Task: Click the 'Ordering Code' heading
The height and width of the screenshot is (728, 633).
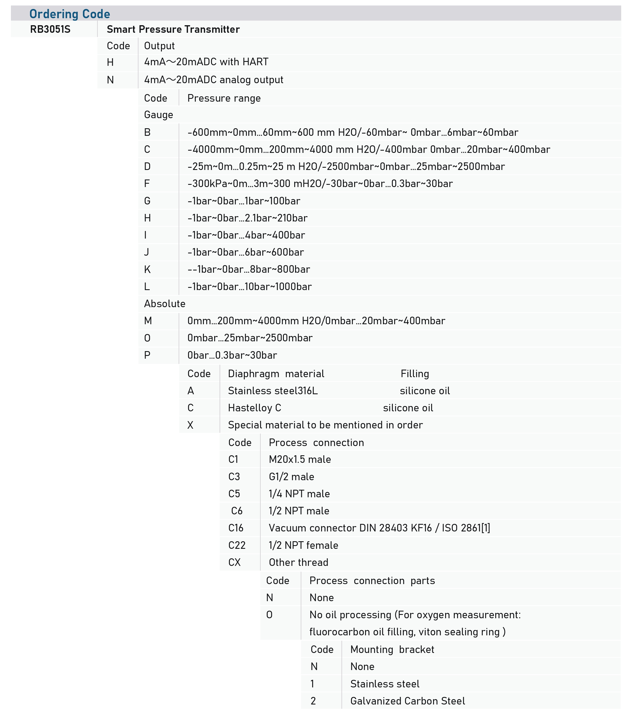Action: [70, 14]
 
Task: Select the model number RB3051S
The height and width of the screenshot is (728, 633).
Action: [50, 29]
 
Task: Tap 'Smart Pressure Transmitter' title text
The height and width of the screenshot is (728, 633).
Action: [173, 29]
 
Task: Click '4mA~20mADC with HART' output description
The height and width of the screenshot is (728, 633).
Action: [206, 62]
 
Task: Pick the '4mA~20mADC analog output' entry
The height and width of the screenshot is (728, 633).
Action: [214, 80]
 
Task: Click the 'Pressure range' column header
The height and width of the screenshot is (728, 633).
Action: [224, 98]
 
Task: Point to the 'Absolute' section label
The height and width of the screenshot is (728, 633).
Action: [165, 304]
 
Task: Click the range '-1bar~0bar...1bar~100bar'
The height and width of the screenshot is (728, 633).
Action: [244, 201]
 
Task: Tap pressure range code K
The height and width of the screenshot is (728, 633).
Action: [147, 270]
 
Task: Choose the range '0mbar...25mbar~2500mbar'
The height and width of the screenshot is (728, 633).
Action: [250, 338]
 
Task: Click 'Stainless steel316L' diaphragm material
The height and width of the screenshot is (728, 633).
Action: [273, 391]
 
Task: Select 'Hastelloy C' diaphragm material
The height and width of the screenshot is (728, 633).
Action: [254, 408]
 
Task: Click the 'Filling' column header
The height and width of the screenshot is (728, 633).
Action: [415, 374]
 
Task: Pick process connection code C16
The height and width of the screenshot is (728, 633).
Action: [236, 528]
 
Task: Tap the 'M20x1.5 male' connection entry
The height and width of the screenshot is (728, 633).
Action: [300, 459]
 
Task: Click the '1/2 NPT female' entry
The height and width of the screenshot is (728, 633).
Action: [303, 545]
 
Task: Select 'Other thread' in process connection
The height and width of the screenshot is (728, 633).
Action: [298, 562]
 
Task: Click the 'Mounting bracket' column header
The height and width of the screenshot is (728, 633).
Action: [392, 650]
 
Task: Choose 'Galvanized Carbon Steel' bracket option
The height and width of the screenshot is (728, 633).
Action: [408, 701]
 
